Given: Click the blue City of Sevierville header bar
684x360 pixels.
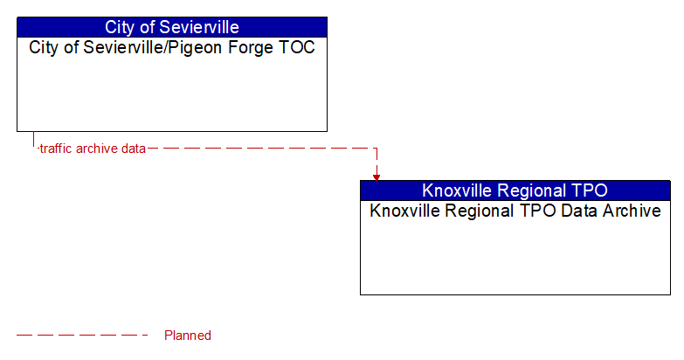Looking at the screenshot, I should pyautogui.click(x=171, y=27).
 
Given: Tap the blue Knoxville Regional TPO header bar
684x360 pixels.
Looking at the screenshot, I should pyautogui.click(x=515, y=190).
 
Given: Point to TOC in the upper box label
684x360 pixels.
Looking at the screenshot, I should pyautogui.click(x=297, y=47).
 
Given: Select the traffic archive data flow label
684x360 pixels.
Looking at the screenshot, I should pyautogui.click(x=93, y=149).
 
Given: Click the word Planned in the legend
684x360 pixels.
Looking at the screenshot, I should pyautogui.click(x=188, y=336).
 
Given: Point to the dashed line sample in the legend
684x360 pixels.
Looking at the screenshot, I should pyautogui.click(x=83, y=336).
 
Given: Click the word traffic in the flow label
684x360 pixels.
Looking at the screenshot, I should pyautogui.click(x=56, y=149).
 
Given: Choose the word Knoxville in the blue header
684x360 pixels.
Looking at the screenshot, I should pyautogui.click(x=459, y=190).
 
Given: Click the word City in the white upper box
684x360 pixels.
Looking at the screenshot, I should pyautogui.click(x=45, y=47).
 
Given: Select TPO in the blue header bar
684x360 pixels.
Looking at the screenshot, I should pyautogui.click(x=588, y=190).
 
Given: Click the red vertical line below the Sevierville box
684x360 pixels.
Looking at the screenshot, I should pyautogui.click(x=33, y=140).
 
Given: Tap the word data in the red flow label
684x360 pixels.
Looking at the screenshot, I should pyautogui.click(x=134, y=149).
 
